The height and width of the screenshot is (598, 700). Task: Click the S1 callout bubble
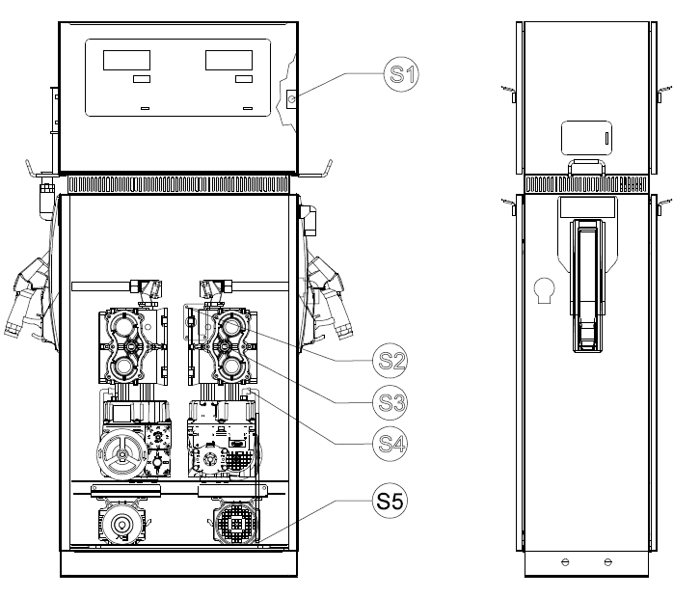click(x=401, y=74)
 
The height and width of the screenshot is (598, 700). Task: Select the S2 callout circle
click(x=390, y=361)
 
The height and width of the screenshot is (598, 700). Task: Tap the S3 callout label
click(x=390, y=402)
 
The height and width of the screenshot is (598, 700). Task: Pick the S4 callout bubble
click(x=390, y=444)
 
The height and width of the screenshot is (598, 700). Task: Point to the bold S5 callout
click(x=390, y=501)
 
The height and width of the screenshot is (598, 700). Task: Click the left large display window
click(x=126, y=60)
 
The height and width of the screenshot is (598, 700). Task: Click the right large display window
click(x=229, y=60)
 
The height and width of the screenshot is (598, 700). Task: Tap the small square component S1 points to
click(x=291, y=98)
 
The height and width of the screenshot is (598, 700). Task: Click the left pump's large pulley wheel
click(x=121, y=453)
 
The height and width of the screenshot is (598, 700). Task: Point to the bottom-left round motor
click(x=121, y=523)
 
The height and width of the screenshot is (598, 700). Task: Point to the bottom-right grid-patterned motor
click(x=235, y=523)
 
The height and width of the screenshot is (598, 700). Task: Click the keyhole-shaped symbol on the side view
click(x=544, y=290)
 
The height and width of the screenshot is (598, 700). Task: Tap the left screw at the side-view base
click(x=565, y=562)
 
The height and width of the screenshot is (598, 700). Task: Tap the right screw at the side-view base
click(x=608, y=562)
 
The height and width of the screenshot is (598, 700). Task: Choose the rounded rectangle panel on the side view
click(x=586, y=138)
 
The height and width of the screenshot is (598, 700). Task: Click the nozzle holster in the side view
click(x=587, y=285)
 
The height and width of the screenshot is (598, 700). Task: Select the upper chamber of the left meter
click(x=123, y=325)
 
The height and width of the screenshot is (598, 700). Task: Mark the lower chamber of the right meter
click(x=231, y=367)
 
